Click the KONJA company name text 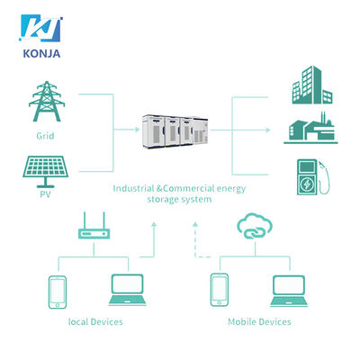pos(41,53)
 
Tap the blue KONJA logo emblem pos(41,28)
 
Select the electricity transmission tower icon pos(47,101)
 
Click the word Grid pos(45,136)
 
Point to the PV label pos(45,194)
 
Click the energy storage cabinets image pos(175,131)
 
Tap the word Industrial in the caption pos(133,188)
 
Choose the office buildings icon pos(312,85)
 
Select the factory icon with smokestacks pos(310,128)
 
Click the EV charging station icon pos(312,177)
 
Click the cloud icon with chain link pos(255,226)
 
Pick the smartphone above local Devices pos(58,292)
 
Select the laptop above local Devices pos(127,290)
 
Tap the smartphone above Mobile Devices pos(220,290)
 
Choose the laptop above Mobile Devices pos(289,291)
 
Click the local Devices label pos(95,322)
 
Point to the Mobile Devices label pos(259,322)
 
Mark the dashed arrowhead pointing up pos(195,224)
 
